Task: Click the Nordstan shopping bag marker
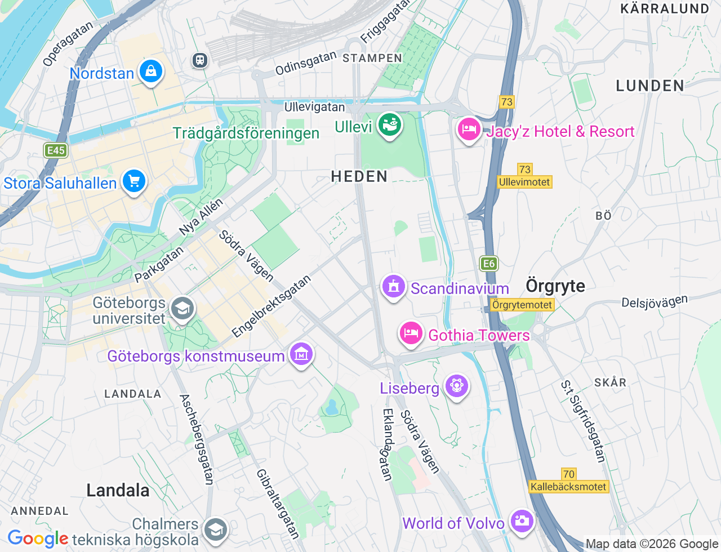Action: pyautogui.click(x=150, y=72)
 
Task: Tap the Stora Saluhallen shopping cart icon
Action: pyautogui.click(x=134, y=181)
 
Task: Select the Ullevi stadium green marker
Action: pyautogui.click(x=389, y=125)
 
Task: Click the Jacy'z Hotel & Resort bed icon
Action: pyautogui.click(x=468, y=130)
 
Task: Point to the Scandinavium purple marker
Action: pyautogui.click(x=394, y=287)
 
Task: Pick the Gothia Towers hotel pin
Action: pyautogui.click(x=411, y=333)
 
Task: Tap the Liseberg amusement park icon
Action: pyautogui.click(x=456, y=386)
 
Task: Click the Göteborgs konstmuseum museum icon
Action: pyautogui.click(x=301, y=354)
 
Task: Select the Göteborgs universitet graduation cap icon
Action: pyautogui.click(x=183, y=309)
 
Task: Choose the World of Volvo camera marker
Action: pyautogui.click(x=522, y=521)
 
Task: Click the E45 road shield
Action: pyautogui.click(x=56, y=150)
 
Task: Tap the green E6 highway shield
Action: pyautogui.click(x=488, y=264)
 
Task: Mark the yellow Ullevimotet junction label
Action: pyautogui.click(x=524, y=182)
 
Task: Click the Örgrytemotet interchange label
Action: pyautogui.click(x=522, y=305)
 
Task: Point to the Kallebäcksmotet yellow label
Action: pyautogui.click(x=568, y=487)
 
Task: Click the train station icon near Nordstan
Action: pyautogui.click(x=199, y=60)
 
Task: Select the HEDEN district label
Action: pyautogui.click(x=359, y=176)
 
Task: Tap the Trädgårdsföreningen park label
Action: pyautogui.click(x=246, y=133)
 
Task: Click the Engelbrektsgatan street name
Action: pyautogui.click(x=272, y=306)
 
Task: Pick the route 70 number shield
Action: pyautogui.click(x=568, y=474)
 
